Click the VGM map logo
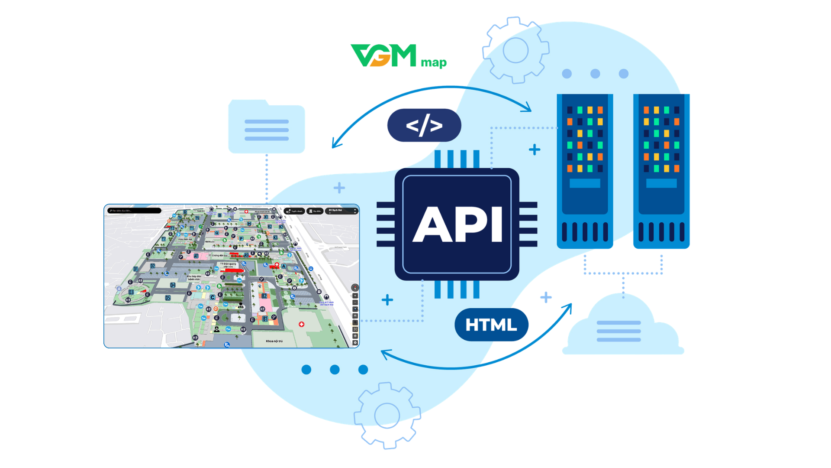pos(398,56)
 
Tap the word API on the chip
pos(457,224)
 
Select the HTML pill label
pos(491,325)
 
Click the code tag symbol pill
pos(424,125)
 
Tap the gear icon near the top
pos(515,50)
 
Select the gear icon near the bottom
pos(387,416)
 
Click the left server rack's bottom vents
pos(585,232)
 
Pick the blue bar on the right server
pos(661,183)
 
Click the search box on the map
pos(134,211)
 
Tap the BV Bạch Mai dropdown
pos(342,211)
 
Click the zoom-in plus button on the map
pos(355,296)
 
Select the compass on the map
pos(355,287)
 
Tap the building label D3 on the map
pos(131,292)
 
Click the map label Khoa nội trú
pos(274,341)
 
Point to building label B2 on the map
pos(264,296)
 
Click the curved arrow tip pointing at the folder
pos(334,146)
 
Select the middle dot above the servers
pos(595,74)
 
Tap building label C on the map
pos(213,297)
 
